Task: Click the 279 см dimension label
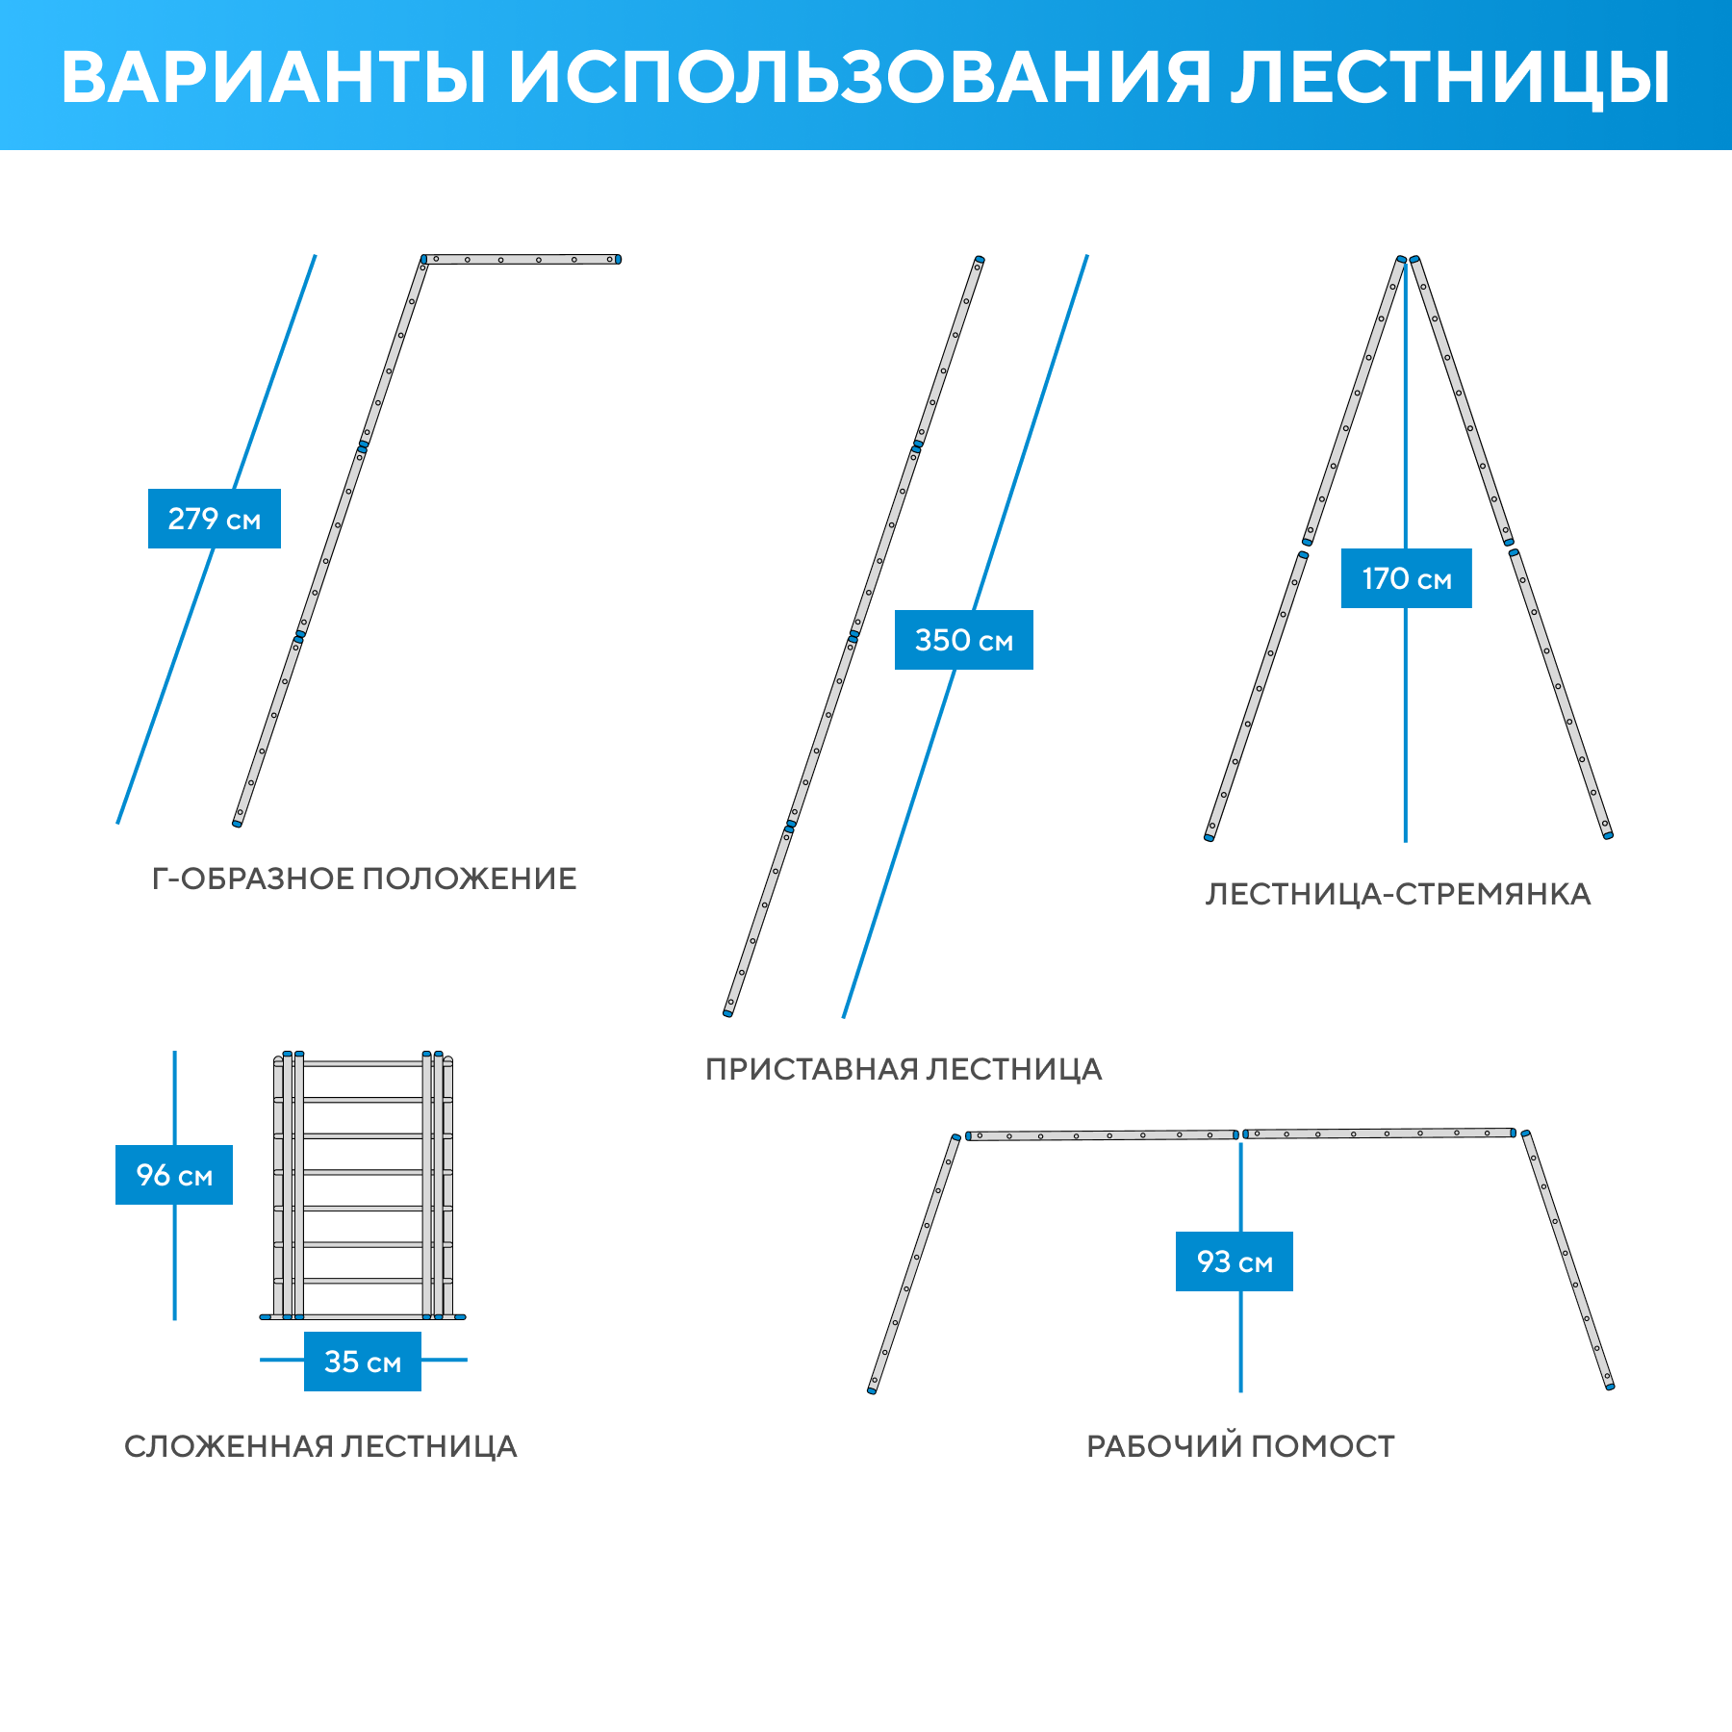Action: (214, 519)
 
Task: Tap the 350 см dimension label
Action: (963, 640)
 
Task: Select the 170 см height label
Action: (1406, 578)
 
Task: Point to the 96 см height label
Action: (174, 1175)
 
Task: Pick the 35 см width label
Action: (363, 1362)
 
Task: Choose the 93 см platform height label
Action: (1235, 1261)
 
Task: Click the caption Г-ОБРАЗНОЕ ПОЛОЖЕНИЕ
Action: (365, 879)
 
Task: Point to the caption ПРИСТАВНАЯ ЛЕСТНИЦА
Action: (904, 1069)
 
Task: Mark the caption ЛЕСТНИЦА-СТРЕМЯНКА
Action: (1398, 894)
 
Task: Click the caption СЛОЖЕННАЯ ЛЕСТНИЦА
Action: (320, 1446)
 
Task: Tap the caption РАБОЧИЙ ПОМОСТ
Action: (1240, 1446)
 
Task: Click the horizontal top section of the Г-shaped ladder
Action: (522, 259)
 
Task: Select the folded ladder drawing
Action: (363, 1187)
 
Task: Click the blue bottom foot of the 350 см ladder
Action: (728, 1012)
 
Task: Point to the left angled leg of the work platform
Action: (913, 1263)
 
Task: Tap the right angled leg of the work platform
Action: (1566, 1261)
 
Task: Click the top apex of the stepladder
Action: (1408, 260)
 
